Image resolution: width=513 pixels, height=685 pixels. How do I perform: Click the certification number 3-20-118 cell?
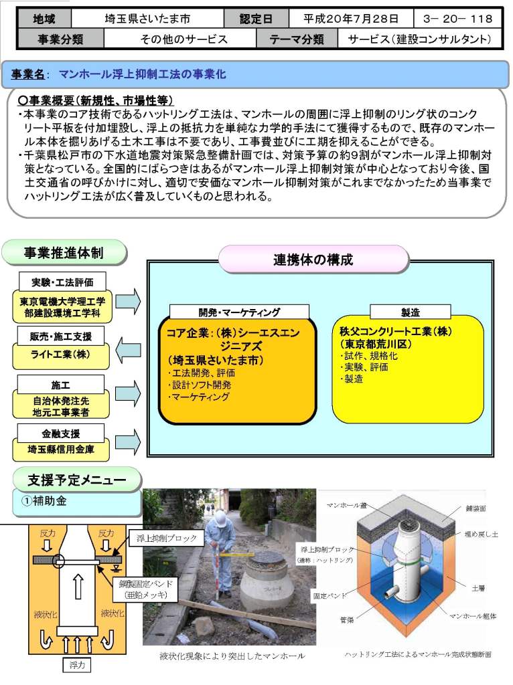458,18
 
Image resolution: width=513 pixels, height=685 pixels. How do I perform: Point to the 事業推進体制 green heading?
64,253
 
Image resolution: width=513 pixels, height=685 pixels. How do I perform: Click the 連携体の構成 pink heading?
313,260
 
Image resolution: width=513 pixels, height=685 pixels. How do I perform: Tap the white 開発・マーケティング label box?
239,312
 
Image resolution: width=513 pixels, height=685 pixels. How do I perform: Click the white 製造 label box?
410,312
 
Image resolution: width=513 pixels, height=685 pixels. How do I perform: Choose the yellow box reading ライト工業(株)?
61,355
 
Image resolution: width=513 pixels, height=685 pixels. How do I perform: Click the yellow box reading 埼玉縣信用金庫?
61,450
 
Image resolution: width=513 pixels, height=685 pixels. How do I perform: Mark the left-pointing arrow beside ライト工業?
128,348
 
